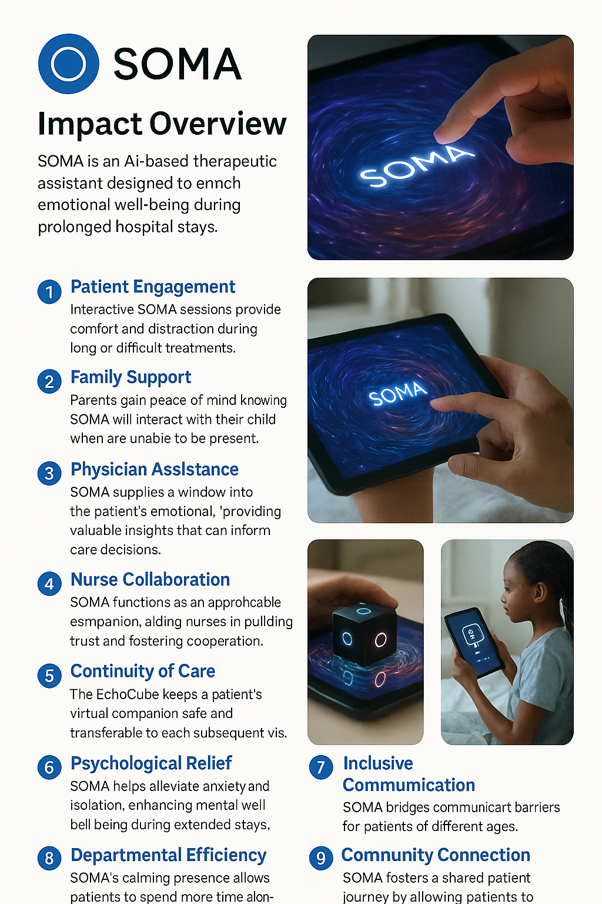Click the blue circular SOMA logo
tap(69, 64)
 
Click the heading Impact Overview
tap(162, 124)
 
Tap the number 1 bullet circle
tap(49, 292)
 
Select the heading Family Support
tap(131, 377)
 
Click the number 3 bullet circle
tap(49, 473)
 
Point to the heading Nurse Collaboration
tap(150, 580)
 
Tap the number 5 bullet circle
tap(49, 676)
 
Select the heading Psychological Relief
tap(151, 763)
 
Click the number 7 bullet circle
tap(321, 767)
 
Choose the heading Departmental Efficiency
tap(168, 855)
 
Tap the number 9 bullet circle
tap(321, 858)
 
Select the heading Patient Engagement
tap(152, 287)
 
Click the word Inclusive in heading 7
tap(378, 763)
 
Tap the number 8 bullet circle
tap(49, 859)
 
